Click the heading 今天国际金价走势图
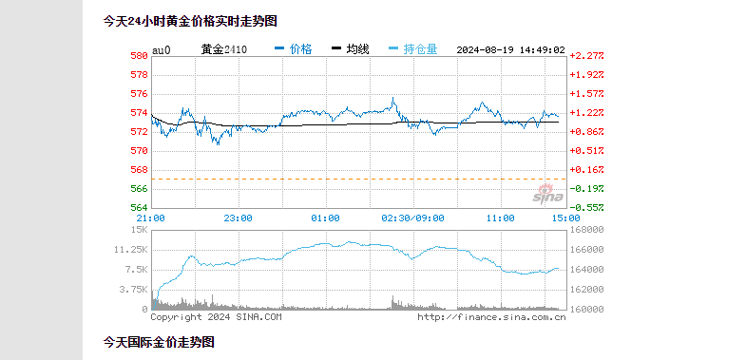point(159,341)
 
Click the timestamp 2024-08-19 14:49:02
point(510,49)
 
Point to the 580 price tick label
point(139,56)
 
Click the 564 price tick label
point(139,207)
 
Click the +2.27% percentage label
point(586,56)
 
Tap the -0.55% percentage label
point(586,207)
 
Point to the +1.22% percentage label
point(586,112)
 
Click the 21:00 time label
point(152,218)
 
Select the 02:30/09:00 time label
point(412,218)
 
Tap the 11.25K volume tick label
point(129,250)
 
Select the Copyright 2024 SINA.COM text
point(216,317)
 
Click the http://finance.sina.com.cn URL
point(491,317)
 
